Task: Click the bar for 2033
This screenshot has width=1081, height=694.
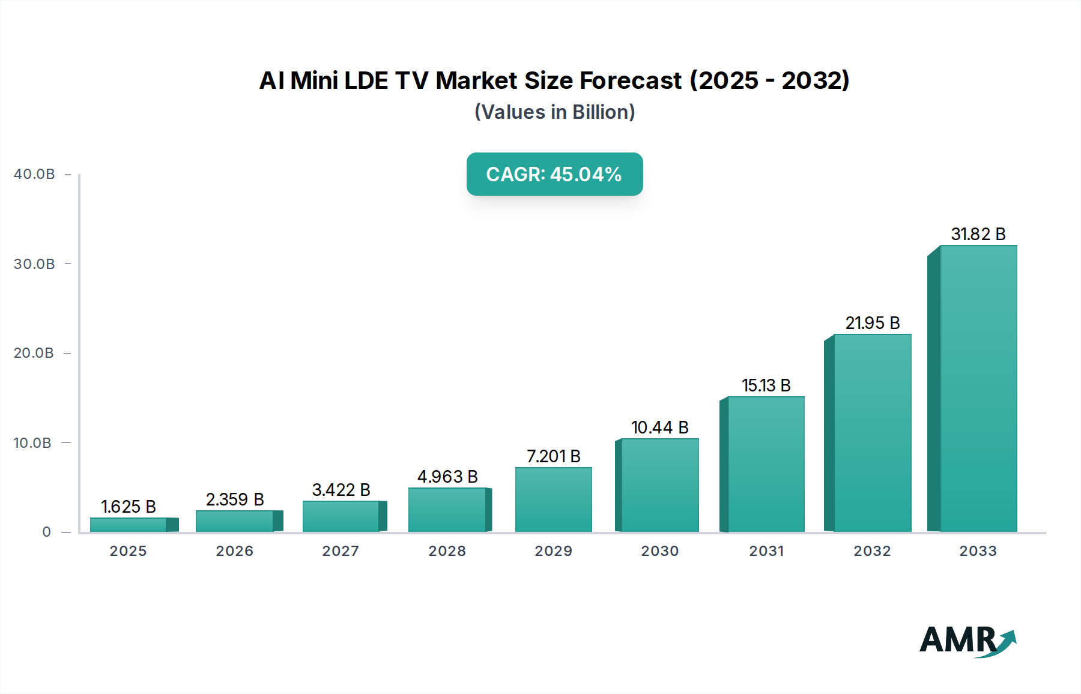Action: click(978, 390)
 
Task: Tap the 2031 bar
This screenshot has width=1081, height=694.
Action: click(766, 465)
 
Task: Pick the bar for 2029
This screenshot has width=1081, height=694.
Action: click(553, 500)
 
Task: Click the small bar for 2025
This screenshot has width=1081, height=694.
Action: click(129, 525)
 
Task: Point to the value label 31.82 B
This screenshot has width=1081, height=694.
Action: click(978, 234)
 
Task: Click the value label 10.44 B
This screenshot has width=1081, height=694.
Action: click(659, 427)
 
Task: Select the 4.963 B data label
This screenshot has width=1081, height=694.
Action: click(447, 477)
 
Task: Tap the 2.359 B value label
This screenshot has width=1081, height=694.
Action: click(235, 499)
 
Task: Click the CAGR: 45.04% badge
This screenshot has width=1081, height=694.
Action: click(554, 174)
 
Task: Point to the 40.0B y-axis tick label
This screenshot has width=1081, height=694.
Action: click(34, 174)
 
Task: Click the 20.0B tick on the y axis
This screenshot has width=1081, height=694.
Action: click(34, 353)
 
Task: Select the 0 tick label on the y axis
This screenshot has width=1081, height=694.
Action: click(47, 532)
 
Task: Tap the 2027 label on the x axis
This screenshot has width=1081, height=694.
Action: click(341, 551)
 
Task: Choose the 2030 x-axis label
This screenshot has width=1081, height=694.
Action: click(659, 551)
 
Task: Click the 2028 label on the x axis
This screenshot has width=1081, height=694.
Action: click(447, 551)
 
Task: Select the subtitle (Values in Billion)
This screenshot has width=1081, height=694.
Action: click(554, 112)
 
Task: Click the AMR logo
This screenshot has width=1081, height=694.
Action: click(967, 641)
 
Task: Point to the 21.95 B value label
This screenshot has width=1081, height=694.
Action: click(872, 323)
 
